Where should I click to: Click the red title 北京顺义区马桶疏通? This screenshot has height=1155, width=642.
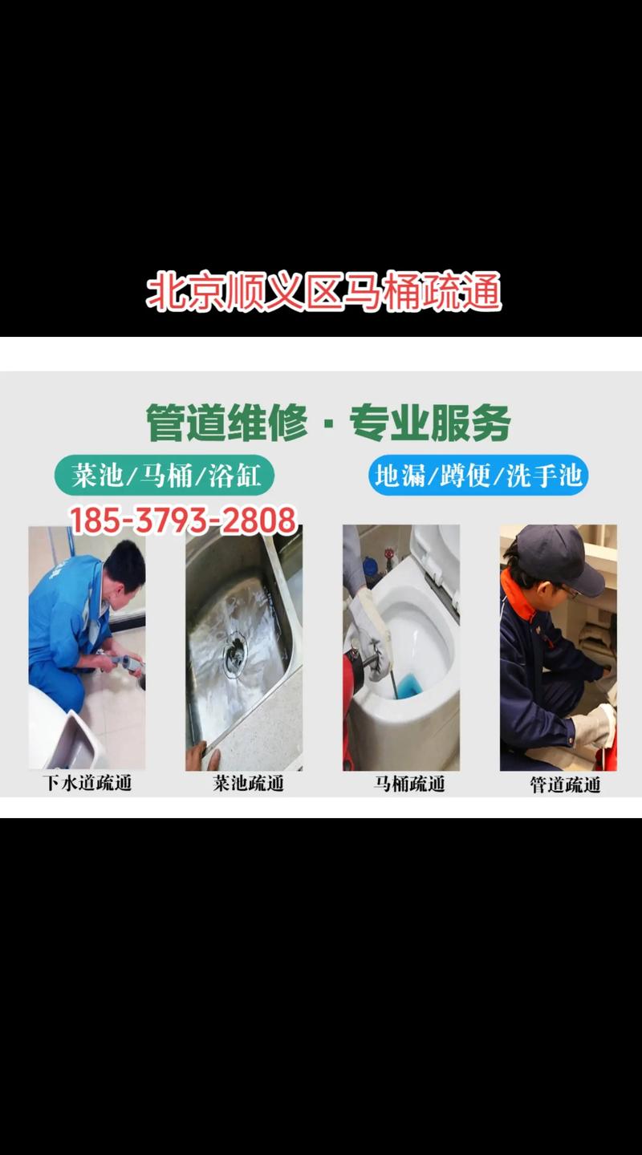[x=323, y=292]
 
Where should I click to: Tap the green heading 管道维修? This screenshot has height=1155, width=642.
[x=227, y=423]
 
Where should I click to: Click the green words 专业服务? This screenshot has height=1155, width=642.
[x=430, y=423]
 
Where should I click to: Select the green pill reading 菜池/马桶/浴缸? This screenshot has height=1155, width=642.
[x=165, y=476]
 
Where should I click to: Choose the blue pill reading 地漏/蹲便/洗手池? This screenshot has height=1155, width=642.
[x=478, y=476]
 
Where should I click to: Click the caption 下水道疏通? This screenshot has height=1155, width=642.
[x=87, y=784]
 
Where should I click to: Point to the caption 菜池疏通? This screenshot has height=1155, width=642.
[x=248, y=784]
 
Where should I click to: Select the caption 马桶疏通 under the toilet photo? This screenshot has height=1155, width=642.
[x=408, y=784]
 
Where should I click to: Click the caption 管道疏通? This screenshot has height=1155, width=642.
[x=565, y=784]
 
